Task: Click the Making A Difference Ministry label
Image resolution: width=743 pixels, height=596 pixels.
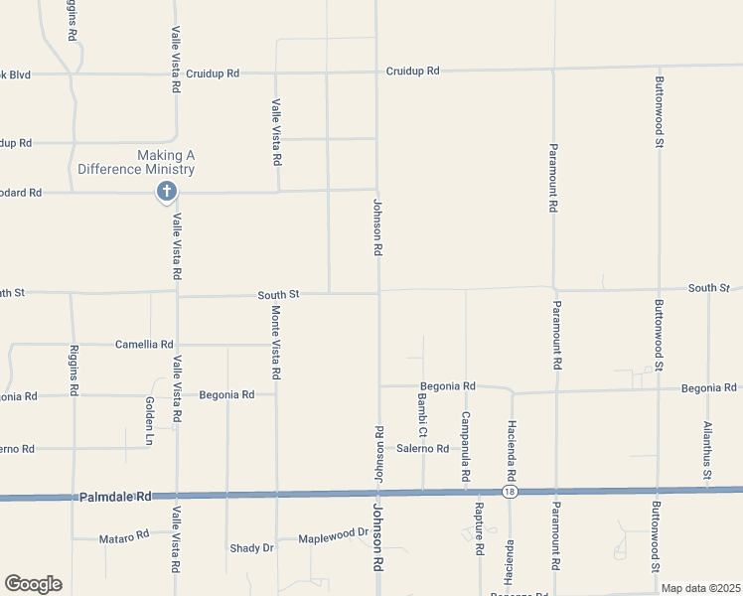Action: click(165, 162)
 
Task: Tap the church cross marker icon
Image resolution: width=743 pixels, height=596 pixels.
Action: click(166, 192)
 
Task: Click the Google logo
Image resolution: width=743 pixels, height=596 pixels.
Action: click(33, 583)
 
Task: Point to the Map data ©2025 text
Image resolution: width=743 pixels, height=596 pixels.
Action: click(700, 588)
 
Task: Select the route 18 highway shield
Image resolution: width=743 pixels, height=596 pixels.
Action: click(510, 492)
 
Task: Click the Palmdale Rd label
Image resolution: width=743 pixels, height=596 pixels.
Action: click(116, 496)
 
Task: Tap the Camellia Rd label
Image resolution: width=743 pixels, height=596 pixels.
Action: click(143, 345)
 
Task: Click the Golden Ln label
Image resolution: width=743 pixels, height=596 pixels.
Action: click(149, 420)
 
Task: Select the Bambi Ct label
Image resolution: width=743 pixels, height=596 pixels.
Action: click(421, 414)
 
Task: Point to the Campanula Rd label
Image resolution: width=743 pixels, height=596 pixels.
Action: click(465, 446)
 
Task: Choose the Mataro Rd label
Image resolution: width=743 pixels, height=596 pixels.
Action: click(123, 537)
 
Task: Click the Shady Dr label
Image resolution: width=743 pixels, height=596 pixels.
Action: click(251, 547)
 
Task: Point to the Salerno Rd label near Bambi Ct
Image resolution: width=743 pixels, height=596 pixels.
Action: click(423, 448)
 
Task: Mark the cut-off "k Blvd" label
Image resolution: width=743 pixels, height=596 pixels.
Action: click(16, 74)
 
